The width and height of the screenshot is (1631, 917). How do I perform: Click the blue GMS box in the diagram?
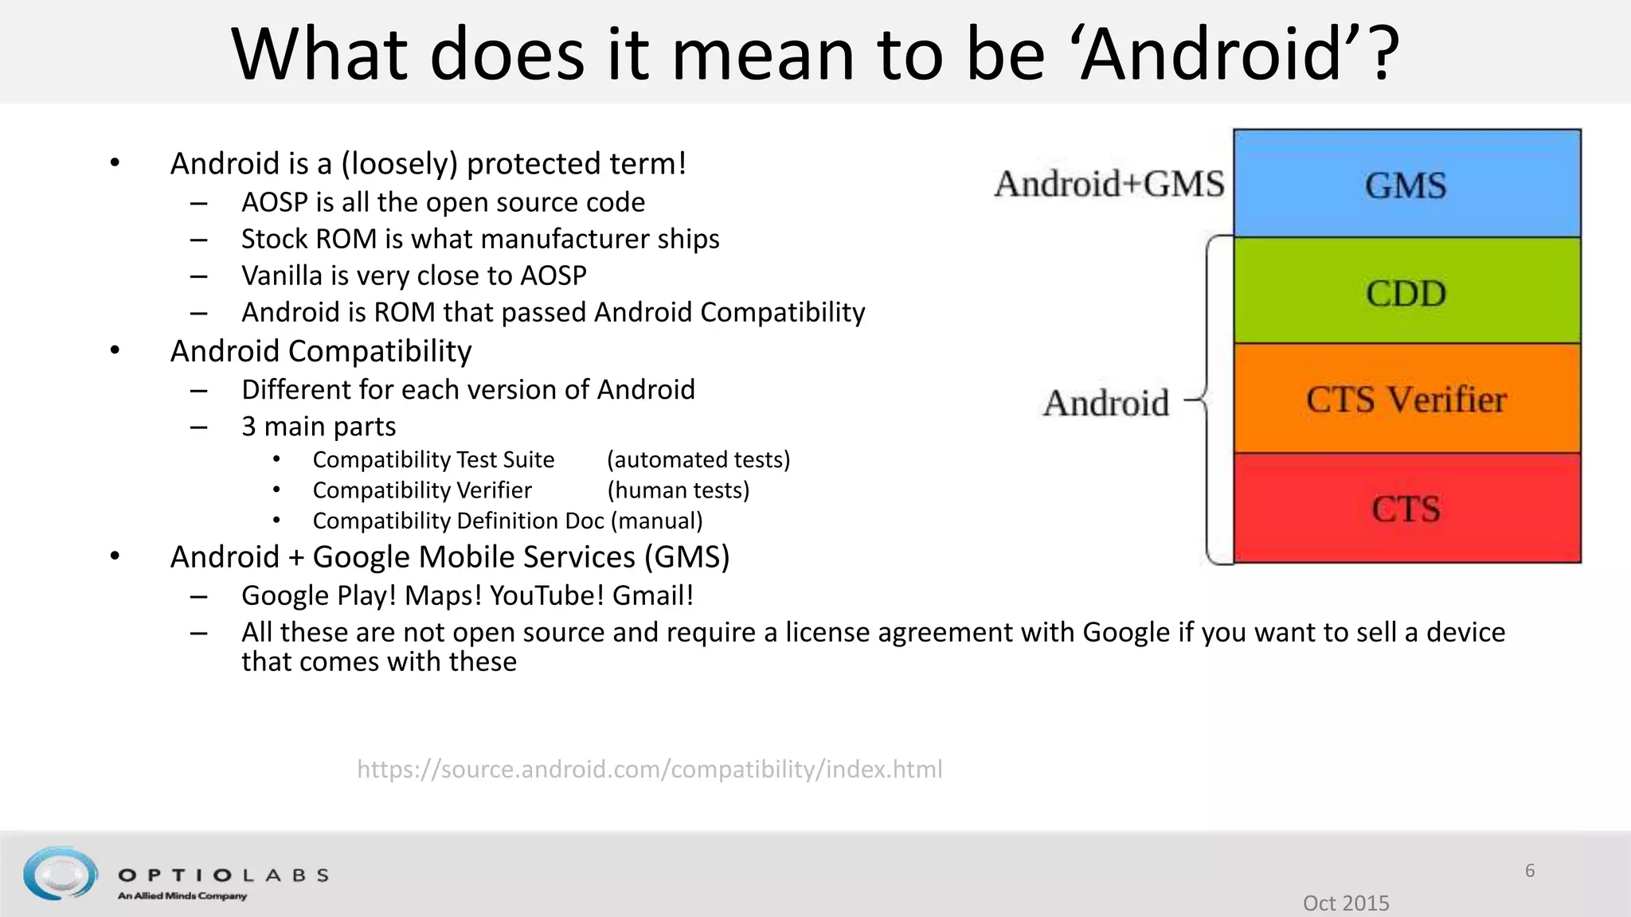[1406, 184]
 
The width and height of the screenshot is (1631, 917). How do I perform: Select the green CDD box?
[1406, 291]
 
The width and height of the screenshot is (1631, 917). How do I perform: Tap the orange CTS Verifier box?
[1406, 399]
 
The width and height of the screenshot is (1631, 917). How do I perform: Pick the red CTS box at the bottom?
[1406, 508]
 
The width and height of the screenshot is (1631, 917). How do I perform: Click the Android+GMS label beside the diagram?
[1109, 184]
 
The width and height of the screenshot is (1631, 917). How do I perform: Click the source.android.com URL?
[649, 769]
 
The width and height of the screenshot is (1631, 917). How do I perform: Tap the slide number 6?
[1529, 870]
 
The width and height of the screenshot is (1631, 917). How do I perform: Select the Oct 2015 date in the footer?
[1346, 903]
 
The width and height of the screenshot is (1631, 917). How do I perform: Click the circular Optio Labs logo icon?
[61, 873]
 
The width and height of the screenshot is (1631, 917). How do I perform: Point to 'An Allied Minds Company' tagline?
[182, 896]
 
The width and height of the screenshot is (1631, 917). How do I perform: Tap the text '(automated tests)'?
[698, 459]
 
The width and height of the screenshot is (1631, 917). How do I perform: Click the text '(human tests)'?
[679, 490]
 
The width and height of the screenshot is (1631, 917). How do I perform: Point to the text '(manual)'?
[657, 521]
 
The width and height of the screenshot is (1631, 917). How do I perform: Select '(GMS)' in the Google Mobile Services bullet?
[687, 557]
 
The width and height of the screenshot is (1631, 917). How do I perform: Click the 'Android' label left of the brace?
[1106, 403]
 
